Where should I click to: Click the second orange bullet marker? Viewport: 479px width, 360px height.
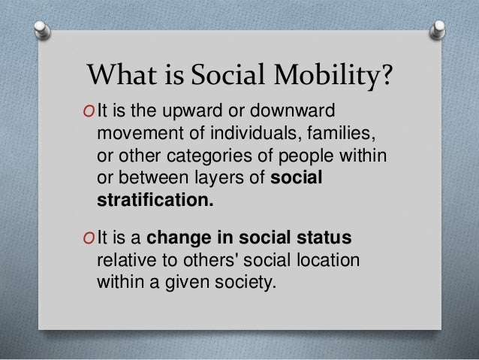click(90, 240)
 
